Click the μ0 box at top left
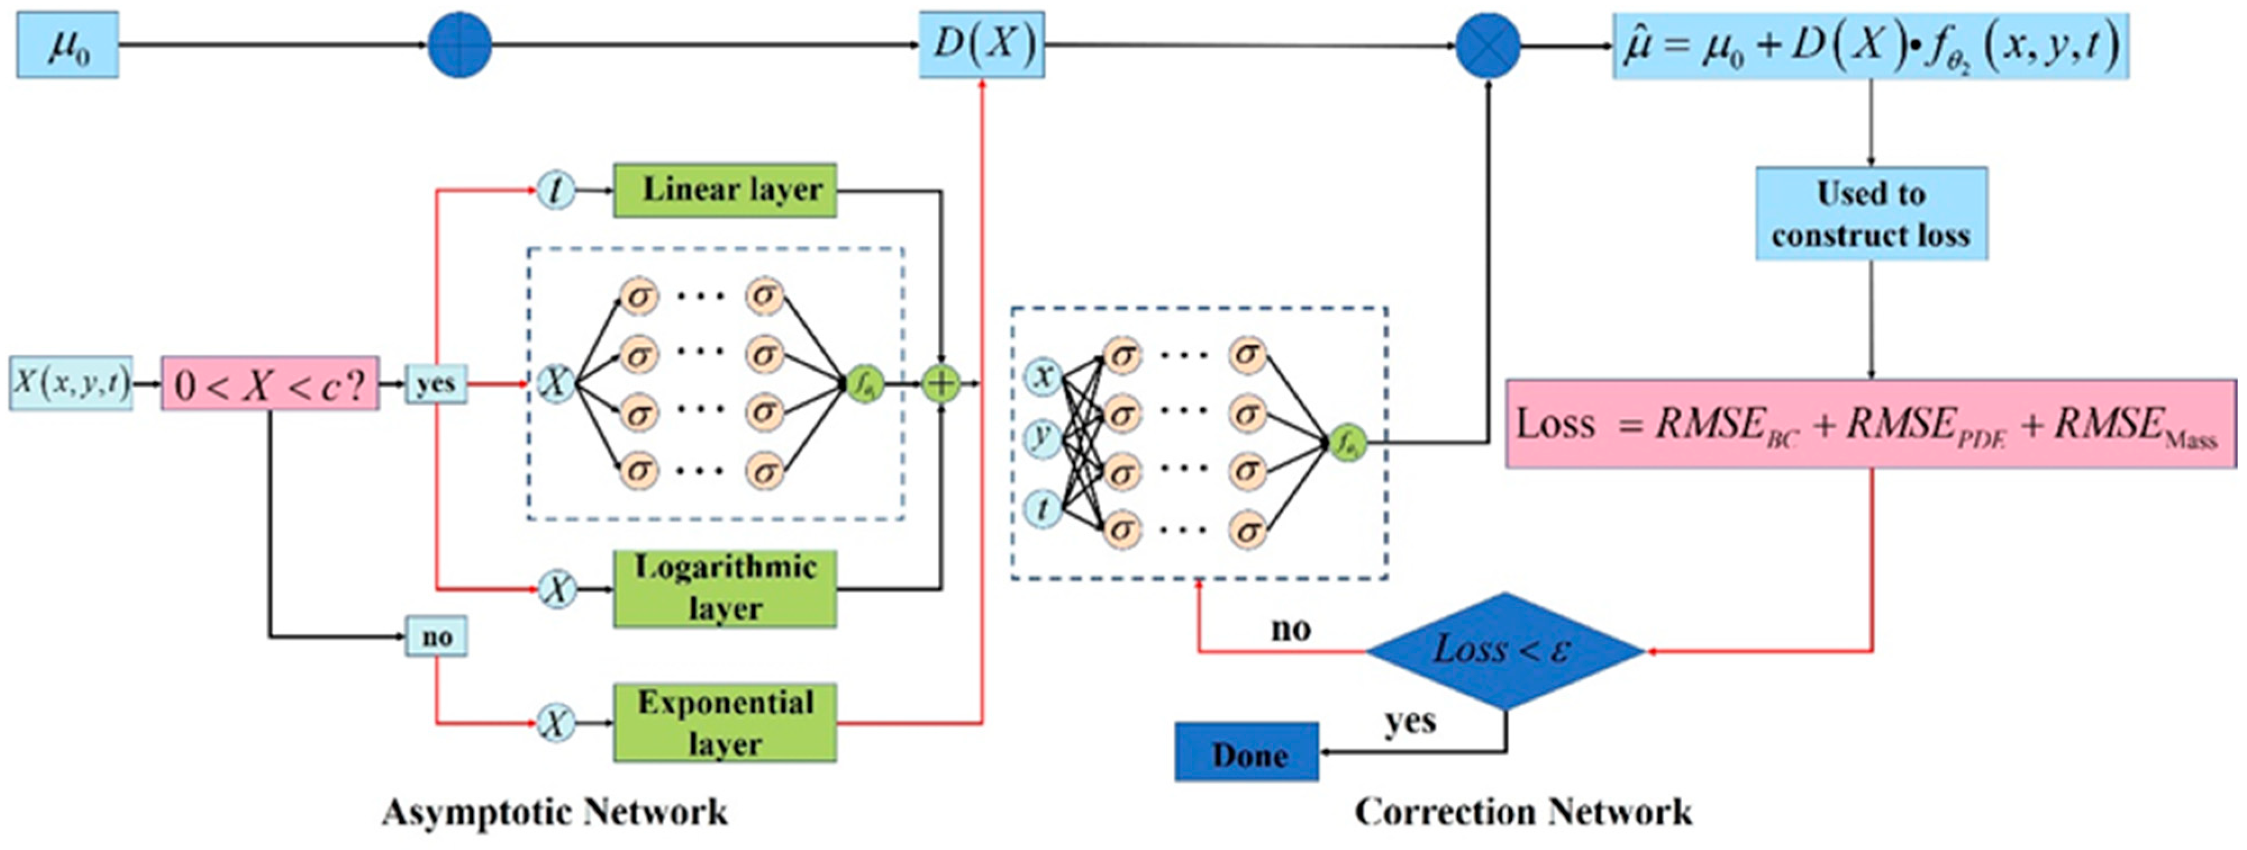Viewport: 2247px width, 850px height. coord(67,46)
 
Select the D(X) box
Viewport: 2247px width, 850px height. coord(981,46)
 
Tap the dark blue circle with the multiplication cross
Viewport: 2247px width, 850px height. coord(1488,46)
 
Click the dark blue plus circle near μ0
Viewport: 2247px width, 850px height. coord(460,46)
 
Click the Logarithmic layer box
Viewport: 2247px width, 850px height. coord(725,588)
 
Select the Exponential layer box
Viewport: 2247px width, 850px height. coord(725,722)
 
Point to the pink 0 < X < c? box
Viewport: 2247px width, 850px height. coord(270,383)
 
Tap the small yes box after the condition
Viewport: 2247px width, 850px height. coord(435,383)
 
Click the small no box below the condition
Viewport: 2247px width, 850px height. coord(436,637)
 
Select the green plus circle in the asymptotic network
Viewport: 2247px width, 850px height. coord(941,383)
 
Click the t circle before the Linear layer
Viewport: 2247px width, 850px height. coord(556,189)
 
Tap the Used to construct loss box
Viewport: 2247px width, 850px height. coord(1871,214)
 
